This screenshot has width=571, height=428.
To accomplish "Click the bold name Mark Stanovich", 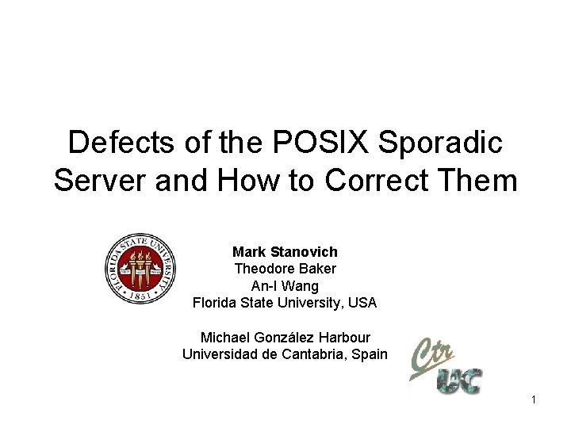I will [x=285, y=252].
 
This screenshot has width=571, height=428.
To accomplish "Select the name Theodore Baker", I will [x=285, y=269].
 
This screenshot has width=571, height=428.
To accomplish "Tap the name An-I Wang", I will [x=285, y=285].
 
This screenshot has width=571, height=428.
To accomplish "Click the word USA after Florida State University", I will [x=362, y=303].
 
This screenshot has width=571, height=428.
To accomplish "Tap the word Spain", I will [x=369, y=354].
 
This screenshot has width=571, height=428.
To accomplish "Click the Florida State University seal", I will [x=140, y=269].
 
